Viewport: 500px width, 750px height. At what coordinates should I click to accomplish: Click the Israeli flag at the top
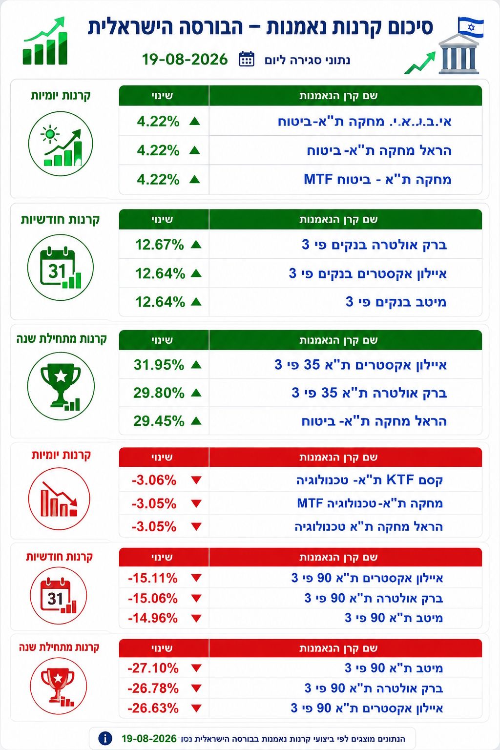pyautogui.click(x=471, y=27)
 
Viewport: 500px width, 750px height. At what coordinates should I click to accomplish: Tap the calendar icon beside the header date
pyautogui.click(x=247, y=59)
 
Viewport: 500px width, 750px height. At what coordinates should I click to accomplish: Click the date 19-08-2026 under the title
pyautogui.click(x=185, y=60)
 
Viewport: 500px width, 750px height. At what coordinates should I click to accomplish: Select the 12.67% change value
pyautogui.click(x=159, y=245)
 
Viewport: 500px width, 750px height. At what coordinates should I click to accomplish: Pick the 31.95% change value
pyautogui.click(x=159, y=365)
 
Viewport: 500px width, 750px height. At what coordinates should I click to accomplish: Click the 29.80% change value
pyautogui.click(x=159, y=393)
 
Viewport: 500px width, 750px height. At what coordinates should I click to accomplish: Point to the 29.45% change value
pyautogui.click(x=159, y=421)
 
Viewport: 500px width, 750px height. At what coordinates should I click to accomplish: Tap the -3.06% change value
pyautogui.click(x=154, y=480)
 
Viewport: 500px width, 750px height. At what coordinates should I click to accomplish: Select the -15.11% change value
pyautogui.click(x=153, y=578)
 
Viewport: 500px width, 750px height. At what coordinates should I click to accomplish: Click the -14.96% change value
pyautogui.click(x=153, y=618)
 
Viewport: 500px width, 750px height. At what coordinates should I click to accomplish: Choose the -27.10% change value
pyautogui.click(x=153, y=668)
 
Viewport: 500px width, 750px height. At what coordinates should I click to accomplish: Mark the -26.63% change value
pyautogui.click(x=153, y=708)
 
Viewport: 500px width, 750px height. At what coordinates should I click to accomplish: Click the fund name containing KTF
pyautogui.click(x=370, y=480)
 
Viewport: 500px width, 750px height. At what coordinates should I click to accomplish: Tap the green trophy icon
pyautogui.click(x=61, y=386)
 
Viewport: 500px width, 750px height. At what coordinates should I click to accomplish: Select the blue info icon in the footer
pyautogui.click(x=105, y=738)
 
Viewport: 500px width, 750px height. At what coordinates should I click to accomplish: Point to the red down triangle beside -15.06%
pyautogui.click(x=196, y=598)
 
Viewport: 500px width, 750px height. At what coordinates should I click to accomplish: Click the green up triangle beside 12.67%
pyautogui.click(x=196, y=245)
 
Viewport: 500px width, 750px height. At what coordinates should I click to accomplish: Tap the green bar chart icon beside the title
pyautogui.click(x=45, y=41)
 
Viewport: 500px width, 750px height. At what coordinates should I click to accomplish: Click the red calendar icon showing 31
pyautogui.click(x=58, y=596)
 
